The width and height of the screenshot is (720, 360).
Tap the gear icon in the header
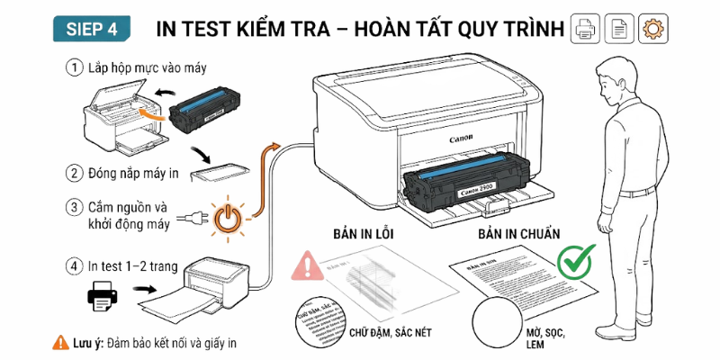[x=651, y=28]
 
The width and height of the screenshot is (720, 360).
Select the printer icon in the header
[x=586, y=28]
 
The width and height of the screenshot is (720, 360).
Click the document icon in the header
[x=618, y=28]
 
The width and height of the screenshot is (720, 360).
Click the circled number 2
[x=73, y=173]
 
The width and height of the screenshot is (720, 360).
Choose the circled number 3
[x=73, y=207]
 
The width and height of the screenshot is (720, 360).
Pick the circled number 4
[x=73, y=267]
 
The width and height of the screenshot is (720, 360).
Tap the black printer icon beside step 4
[x=103, y=294]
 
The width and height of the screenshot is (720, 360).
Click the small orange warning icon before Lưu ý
[x=59, y=343]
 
